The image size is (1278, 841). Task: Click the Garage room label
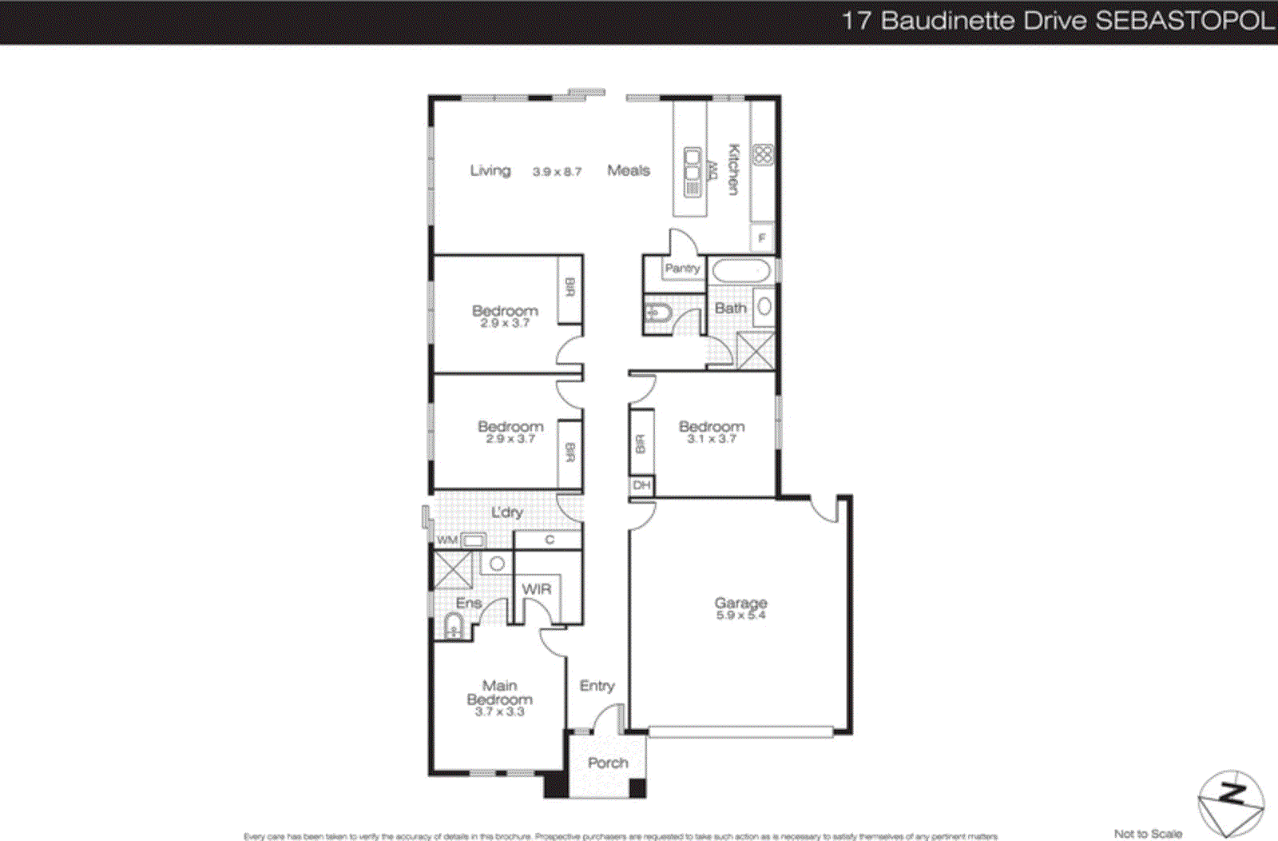pos(740,602)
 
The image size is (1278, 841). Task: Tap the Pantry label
pos(682,269)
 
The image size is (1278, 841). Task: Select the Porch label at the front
pos(608,763)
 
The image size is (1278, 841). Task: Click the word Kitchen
pos(733,169)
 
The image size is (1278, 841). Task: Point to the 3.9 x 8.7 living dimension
pos(557,172)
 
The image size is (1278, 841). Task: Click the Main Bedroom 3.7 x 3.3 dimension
pos(499,711)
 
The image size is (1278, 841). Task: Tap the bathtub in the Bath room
pos(740,271)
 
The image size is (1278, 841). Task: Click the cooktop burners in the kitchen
pos(763,154)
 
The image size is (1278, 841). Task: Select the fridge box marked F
pos(762,237)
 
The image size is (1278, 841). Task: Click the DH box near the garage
pos(641,485)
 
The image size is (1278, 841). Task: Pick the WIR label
pos(537,589)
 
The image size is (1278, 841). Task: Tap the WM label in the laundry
pos(447,540)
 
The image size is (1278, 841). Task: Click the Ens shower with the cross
pos(453,569)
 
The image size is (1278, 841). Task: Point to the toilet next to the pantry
pos(658,313)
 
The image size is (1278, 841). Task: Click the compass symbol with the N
pos(1231,802)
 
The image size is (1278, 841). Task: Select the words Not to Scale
pos(1148,834)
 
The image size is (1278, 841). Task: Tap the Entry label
pos(597,686)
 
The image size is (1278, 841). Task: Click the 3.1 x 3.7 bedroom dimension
pos(712,439)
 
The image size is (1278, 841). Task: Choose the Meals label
pos(629,170)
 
